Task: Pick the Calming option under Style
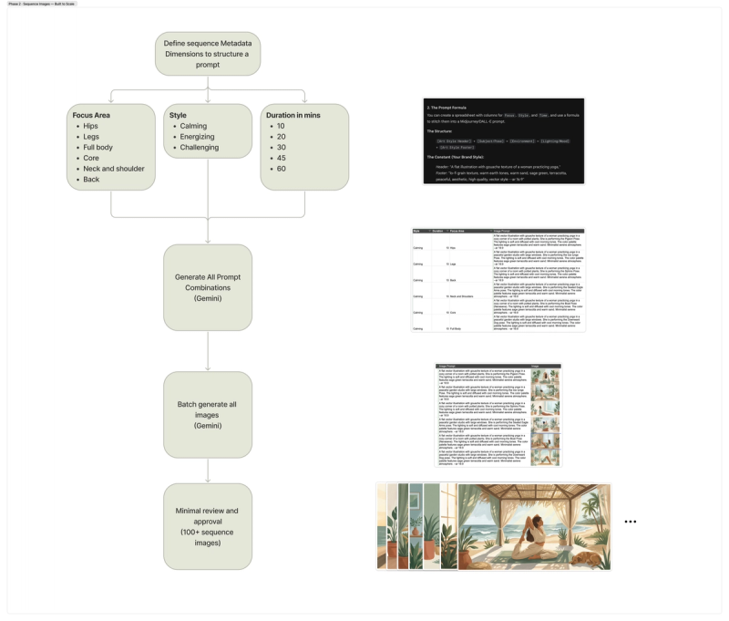click(x=193, y=126)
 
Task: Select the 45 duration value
click(x=282, y=158)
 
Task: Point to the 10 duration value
click(x=282, y=126)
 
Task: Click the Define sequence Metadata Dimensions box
click(x=208, y=54)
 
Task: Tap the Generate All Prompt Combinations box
click(x=208, y=287)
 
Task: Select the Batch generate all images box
click(x=208, y=415)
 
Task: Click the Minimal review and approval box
click(x=208, y=526)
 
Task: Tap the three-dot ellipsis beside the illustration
click(x=630, y=522)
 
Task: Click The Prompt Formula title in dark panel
click(x=447, y=108)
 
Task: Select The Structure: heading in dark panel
click(x=439, y=130)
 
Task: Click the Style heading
click(x=178, y=116)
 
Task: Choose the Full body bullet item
click(x=98, y=147)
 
